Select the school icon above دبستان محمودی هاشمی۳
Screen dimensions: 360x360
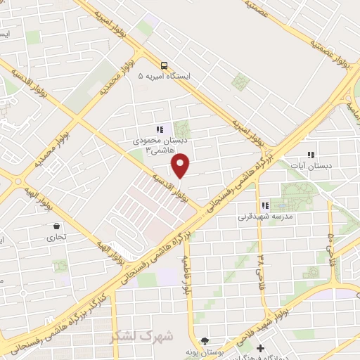160,129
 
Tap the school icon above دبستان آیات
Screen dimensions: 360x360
311,155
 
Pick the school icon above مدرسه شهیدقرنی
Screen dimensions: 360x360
265,205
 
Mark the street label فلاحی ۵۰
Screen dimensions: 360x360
330,244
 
